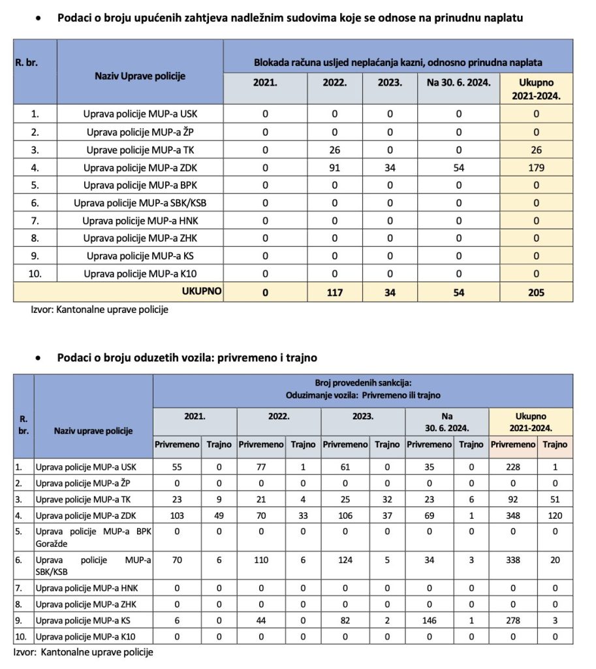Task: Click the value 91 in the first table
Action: pos(336,167)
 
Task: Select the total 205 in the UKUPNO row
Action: pos(536,292)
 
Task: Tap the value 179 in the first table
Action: pos(536,167)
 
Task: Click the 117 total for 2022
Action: pos(336,292)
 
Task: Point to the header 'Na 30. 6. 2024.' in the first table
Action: pos(459,83)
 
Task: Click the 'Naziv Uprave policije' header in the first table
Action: pos(140,76)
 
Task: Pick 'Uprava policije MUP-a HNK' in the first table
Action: pos(140,220)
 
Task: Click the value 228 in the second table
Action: pos(513,466)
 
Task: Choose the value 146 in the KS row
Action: pos(428,619)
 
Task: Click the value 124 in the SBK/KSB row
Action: pos(344,560)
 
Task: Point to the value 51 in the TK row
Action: pos(555,500)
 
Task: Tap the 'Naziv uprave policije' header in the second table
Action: pos(93,431)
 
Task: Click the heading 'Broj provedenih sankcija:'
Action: pos(362,383)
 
